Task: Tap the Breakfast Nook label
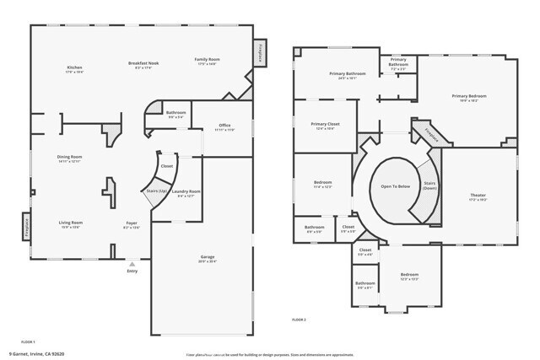pos(145,64)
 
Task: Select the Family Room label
pos(208,61)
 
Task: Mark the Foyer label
pos(131,224)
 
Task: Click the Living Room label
pos(70,223)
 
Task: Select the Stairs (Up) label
pos(154,192)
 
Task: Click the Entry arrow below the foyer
pos(132,264)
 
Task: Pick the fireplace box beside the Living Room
pos(26,226)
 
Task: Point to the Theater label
pos(478,197)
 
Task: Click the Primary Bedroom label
pos(469,98)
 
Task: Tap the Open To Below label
pos(395,185)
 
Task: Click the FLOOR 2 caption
pos(299,320)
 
